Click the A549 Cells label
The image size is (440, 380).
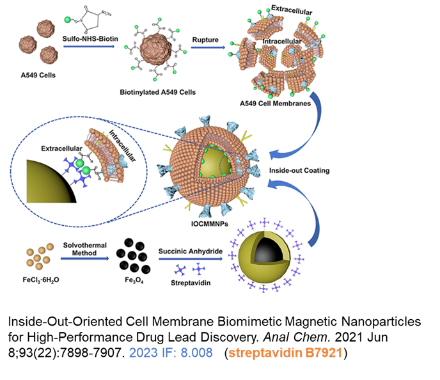click(x=38, y=75)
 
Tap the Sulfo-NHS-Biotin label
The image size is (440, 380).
click(x=90, y=39)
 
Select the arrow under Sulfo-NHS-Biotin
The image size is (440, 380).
click(x=89, y=46)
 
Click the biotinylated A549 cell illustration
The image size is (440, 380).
click(x=156, y=50)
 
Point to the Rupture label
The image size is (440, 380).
click(x=205, y=40)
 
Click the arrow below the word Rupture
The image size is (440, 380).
click(x=208, y=47)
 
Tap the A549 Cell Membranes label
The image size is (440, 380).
click(x=275, y=104)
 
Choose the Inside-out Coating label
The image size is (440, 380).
click(x=299, y=171)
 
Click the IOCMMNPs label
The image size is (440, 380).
click(x=210, y=224)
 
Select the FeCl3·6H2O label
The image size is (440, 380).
click(x=41, y=280)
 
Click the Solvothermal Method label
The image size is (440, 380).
click(x=85, y=249)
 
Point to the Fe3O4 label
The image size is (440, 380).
click(x=134, y=280)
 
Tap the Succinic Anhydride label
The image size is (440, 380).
click(x=191, y=251)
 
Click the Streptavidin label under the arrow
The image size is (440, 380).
click(x=191, y=283)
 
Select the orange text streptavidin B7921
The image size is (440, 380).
click(x=285, y=352)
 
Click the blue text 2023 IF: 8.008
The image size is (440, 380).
click(x=171, y=352)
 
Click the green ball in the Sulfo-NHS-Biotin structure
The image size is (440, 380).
click(x=68, y=20)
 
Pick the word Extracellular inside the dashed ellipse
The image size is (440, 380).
click(x=62, y=148)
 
